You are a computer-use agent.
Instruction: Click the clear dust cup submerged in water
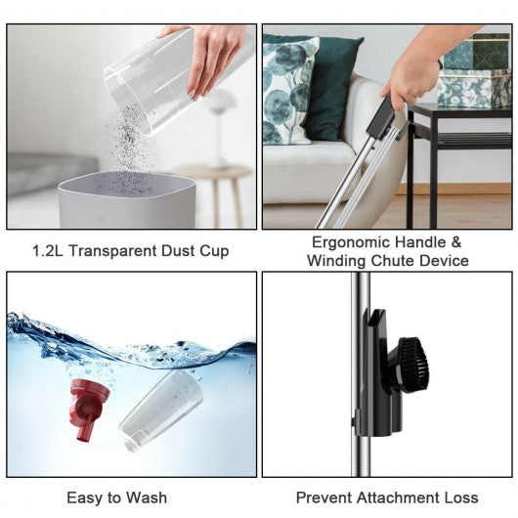pyautogui.click(x=161, y=410)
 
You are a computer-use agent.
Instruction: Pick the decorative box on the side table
pyautogui.click(x=474, y=73)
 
